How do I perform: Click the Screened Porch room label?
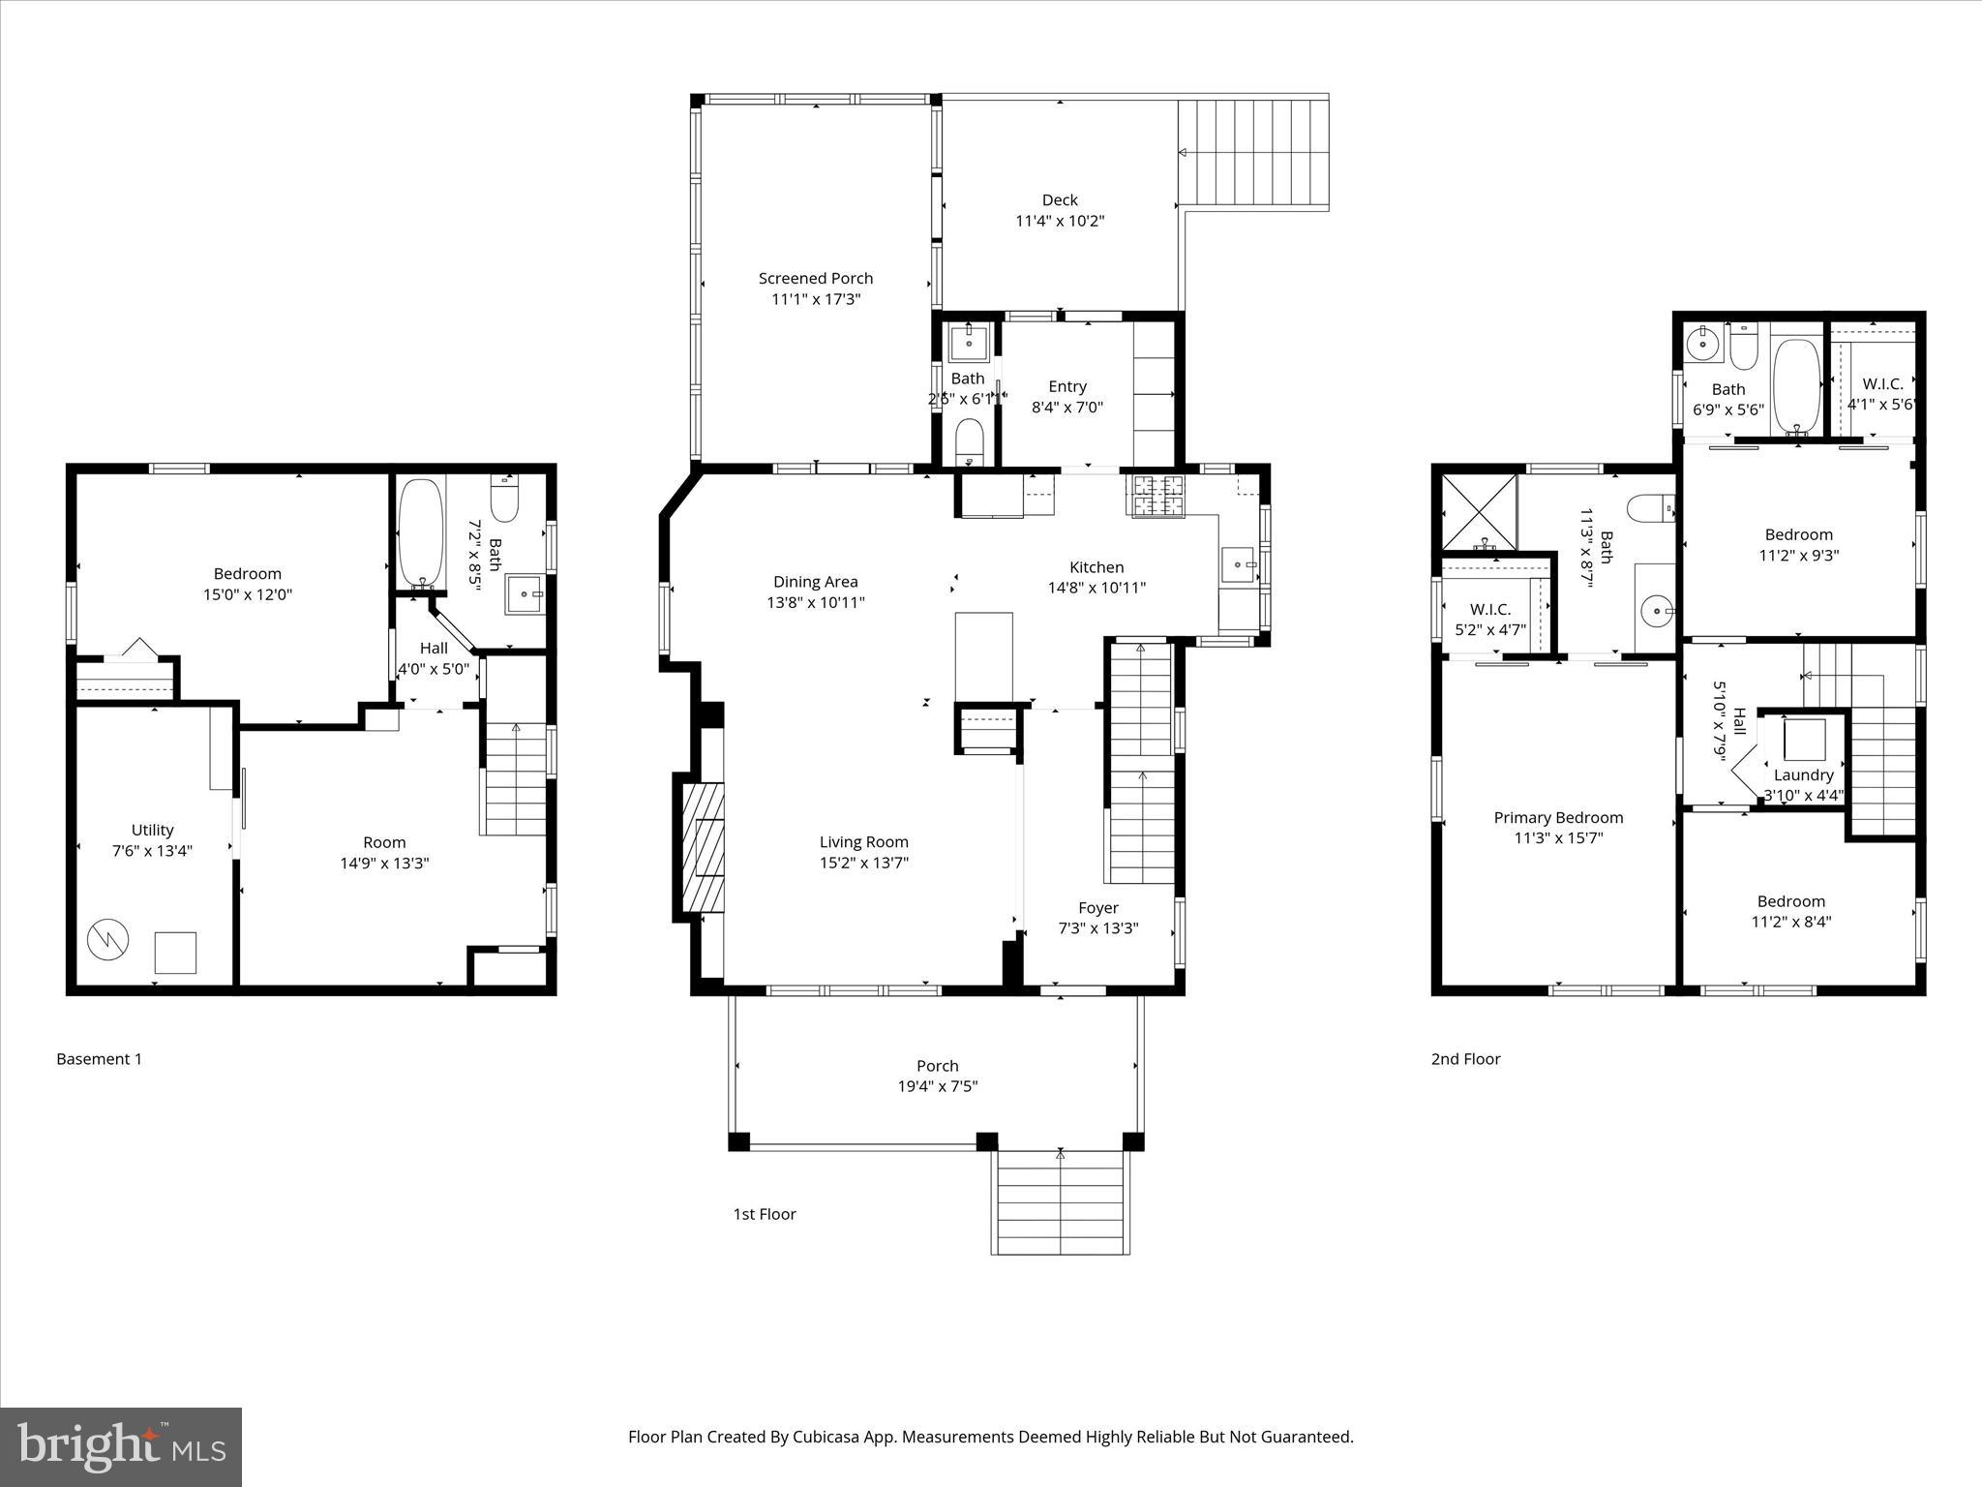(815, 279)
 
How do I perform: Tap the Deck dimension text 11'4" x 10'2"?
(1060, 221)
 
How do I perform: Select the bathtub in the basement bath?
(421, 531)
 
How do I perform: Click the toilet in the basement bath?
(505, 500)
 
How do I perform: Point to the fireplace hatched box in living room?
(703, 847)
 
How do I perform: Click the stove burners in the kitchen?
(1156, 496)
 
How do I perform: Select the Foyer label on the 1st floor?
(1098, 908)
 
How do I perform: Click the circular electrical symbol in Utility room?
(107, 939)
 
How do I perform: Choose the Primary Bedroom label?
(1558, 818)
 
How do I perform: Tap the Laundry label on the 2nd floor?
(1803, 775)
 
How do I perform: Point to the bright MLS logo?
(121, 1446)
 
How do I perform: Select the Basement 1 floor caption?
(99, 1059)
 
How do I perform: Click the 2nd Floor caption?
(1465, 1059)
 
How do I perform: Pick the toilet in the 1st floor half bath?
(968, 442)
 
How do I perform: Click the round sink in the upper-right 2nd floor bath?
(1701, 343)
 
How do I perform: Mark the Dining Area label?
(815, 582)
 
